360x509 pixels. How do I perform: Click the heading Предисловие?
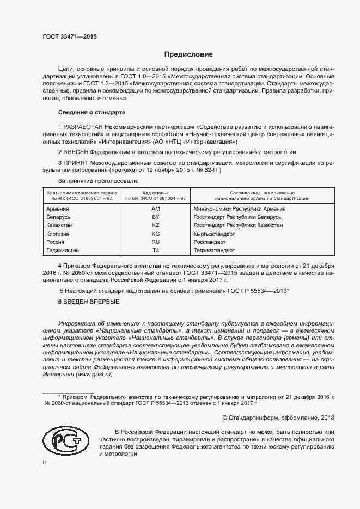189,54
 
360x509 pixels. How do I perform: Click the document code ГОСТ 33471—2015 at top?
69,36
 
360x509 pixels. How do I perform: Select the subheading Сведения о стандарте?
91,112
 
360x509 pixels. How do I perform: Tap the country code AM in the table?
156,208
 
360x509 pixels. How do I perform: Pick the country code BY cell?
156,217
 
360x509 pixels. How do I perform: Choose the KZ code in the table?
156,225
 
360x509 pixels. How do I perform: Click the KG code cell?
156,233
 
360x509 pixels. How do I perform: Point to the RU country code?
156,242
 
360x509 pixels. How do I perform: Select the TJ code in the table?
156,250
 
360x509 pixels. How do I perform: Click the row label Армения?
58,208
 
